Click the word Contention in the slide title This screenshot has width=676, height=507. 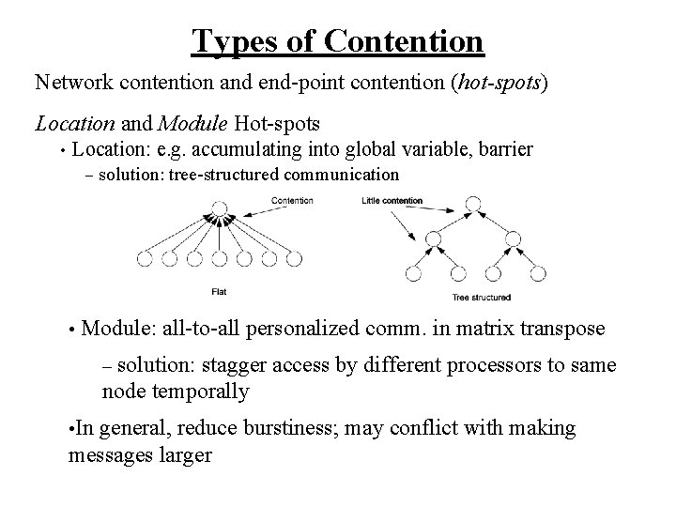406,40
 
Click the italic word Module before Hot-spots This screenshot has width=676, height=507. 194,123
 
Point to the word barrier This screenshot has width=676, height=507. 503,148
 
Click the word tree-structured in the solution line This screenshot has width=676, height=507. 213,175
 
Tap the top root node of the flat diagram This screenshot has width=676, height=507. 219,208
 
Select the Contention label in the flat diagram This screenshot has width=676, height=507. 292,200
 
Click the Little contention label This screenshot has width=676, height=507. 392,200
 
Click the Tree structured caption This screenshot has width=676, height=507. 481,298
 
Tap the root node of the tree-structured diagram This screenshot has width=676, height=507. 473,203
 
